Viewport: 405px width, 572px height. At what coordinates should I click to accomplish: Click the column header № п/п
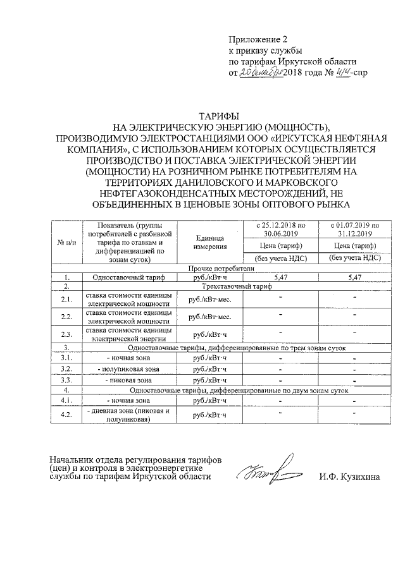(x=66, y=243)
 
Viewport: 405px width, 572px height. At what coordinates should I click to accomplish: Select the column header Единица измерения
(x=211, y=242)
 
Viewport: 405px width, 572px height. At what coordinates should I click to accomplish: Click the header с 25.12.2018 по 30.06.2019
(x=280, y=229)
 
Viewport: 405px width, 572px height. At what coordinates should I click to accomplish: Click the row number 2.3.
(x=66, y=334)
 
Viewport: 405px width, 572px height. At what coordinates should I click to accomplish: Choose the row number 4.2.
(x=66, y=415)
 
